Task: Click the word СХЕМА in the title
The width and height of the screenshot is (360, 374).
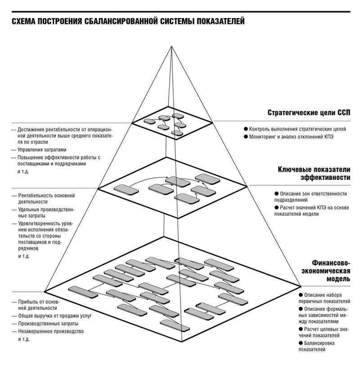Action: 23,22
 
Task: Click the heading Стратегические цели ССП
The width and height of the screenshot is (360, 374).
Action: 309,113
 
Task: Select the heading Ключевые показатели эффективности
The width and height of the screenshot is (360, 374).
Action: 314,173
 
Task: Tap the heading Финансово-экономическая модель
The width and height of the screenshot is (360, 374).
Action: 326,271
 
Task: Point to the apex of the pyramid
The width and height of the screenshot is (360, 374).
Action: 171,46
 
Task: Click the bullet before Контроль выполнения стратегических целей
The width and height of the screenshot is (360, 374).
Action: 246,129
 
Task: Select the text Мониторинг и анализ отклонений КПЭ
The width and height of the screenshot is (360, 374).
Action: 291,137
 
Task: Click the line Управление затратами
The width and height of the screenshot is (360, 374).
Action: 42,150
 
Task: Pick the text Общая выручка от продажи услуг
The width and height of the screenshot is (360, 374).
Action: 55,316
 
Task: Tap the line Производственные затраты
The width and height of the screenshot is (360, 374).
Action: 48,324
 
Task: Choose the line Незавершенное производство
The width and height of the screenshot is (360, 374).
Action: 51,332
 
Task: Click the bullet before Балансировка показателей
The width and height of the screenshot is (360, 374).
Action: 301,343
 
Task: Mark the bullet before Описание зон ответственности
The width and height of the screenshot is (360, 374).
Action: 277,194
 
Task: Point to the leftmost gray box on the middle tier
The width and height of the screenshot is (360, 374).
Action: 126,190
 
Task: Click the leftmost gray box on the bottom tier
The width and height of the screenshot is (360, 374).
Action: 83,292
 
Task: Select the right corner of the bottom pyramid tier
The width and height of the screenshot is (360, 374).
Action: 301,286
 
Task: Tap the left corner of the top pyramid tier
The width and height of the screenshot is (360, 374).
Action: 132,123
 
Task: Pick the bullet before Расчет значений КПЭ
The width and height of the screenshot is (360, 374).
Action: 277,208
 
